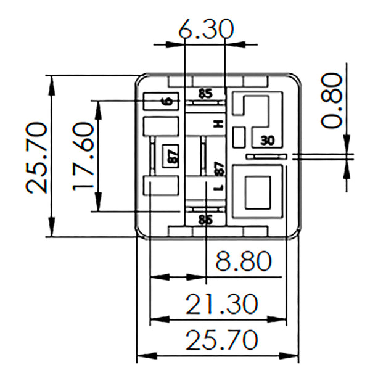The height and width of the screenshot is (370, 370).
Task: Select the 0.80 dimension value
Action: click(x=331, y=100)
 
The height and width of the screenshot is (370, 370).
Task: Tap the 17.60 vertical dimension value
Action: click(x=82, y=155)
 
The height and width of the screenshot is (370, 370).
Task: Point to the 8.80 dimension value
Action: click(x=243, y=261)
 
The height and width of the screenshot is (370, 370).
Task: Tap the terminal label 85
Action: click(x=205, y=94)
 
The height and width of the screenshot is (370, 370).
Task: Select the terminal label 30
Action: click(x=267, y=140)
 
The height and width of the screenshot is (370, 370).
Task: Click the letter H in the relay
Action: click(x=218, y=124)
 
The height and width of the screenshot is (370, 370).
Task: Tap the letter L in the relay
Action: click(x=218, y=187)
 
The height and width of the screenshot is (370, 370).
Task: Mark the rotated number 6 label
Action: click(x=168, y=101)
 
